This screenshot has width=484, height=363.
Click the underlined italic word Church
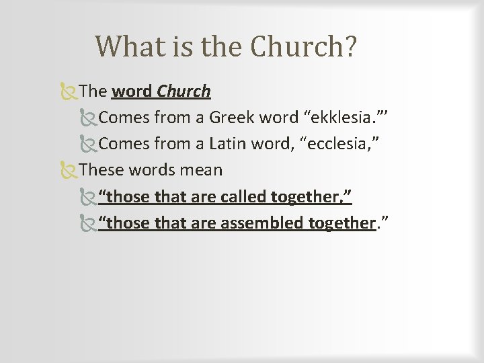pos(184,91)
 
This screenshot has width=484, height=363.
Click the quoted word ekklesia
pos(341,118)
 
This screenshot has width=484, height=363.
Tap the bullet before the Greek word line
pos(87,118)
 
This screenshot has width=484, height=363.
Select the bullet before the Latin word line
pos(87,144)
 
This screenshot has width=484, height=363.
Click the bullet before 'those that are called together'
pos(87,196)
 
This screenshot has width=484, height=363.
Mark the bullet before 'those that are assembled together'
pos(87,223)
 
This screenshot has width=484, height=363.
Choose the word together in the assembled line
pos(341,223)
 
